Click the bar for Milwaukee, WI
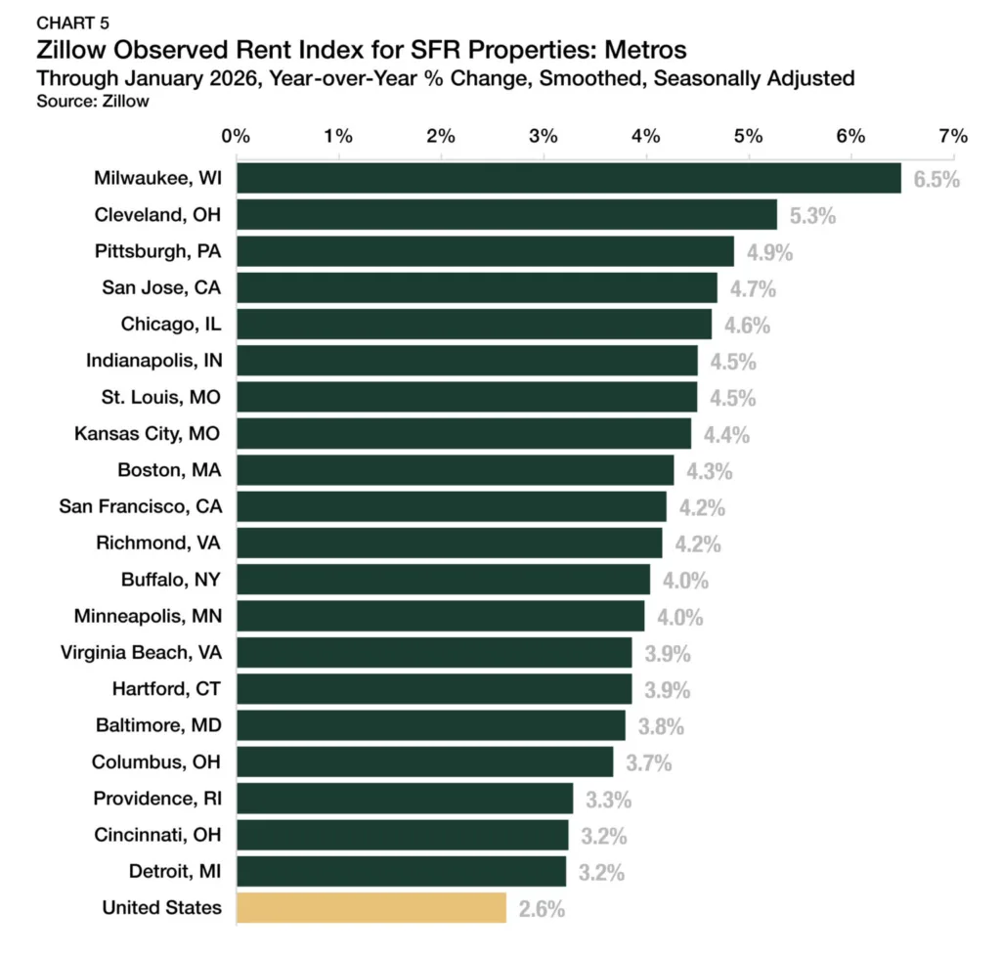pos(568,178)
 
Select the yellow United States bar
pos(371,908)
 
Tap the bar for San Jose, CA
pos(476,287)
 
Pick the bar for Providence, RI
pos(405,799)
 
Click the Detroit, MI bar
pos(401,871)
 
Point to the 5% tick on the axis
pos(749,136)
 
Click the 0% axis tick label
pos(236,136)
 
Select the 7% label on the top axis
pos(953,136)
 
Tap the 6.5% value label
pos(936,180)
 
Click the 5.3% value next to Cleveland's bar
pos(812,216)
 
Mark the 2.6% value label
pos(542,909)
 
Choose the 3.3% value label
pos(608,800)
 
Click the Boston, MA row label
pos(169,470)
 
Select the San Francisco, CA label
pos(141,506)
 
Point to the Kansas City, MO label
pos(149,433)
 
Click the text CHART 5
pos(73,22)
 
